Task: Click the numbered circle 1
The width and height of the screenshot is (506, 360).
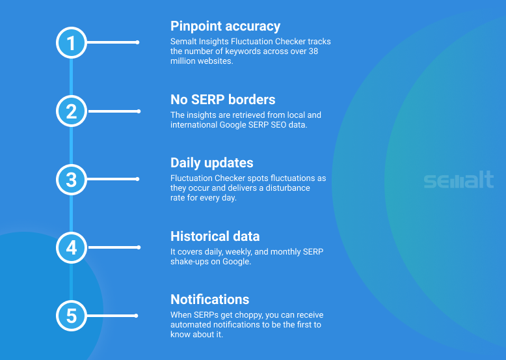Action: click(72, 42)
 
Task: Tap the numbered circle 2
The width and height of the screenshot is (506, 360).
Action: click(72, 111)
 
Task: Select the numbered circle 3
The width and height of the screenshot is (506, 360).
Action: click(72, 180)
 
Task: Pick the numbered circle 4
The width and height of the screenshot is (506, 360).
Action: click(72, 247)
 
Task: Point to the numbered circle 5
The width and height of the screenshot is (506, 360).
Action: click(72, 316)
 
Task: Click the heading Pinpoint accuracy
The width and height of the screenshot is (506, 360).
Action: click(225, 27)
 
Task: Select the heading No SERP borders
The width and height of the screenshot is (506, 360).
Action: click(222, 100)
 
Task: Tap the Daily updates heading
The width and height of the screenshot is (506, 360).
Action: click(211, 163)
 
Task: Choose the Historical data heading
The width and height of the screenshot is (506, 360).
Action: click(215, 236)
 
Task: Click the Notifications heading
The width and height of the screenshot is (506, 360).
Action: click(210, 299)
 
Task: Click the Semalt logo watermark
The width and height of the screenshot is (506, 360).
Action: click(459, 180)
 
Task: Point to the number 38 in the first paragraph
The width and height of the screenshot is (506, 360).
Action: click(313, 51)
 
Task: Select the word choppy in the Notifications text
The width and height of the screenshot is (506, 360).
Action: click(249, 315)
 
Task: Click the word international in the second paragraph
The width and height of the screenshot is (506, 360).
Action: click(194, 124)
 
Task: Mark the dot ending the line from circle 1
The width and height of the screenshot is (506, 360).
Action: click(137, 42)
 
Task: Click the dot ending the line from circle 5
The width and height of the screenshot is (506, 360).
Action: click(136, 316)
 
